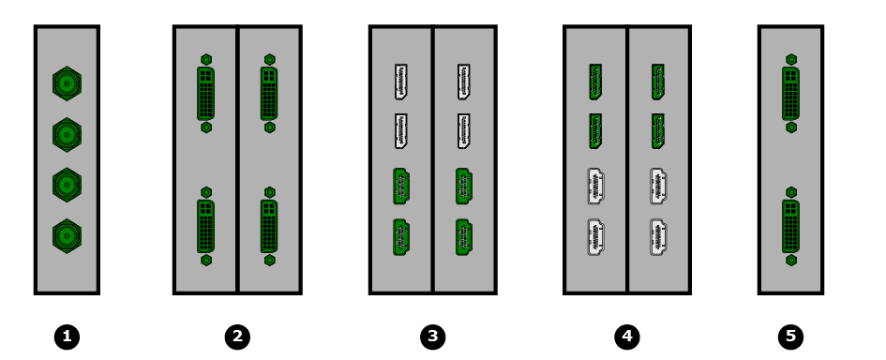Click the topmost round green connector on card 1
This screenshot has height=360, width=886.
pos(67,83)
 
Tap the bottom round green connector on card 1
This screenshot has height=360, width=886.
pos(67,235)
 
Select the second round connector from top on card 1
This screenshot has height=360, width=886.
pos(67,134)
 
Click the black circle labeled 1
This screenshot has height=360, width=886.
pos(67,337)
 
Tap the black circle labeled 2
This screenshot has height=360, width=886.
pos(237,337)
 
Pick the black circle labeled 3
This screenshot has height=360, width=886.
pos(433,337)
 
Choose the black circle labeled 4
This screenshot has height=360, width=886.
pos(627,337)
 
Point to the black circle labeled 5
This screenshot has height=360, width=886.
pos(790,337)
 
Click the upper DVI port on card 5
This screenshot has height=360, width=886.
pos(791,93)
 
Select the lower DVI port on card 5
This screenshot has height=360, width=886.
pos(791,226)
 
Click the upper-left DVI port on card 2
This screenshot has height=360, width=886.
pos(206,93)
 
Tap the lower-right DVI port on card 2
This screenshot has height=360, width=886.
pos(269,226)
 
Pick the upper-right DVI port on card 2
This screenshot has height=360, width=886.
pos(269,93)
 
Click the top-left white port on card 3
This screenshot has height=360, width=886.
pos(400,82)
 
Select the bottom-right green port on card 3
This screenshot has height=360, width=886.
pos(464,237)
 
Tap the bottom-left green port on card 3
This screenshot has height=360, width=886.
pos(401,237)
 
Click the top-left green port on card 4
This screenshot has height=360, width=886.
pos(595,82)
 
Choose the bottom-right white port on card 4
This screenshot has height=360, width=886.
pos(658,237)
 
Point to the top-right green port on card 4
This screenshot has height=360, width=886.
pos(658,82)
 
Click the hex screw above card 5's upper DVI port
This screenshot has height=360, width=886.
pos(791,59)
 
